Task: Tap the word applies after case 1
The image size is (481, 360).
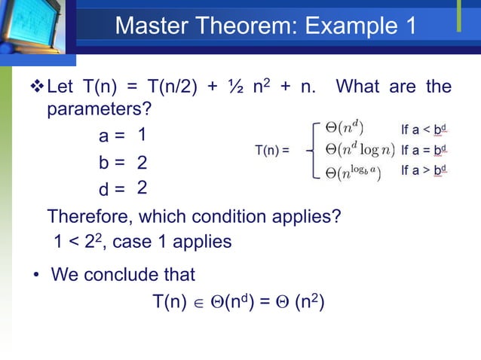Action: (204, 243)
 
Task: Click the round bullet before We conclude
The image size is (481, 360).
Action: (35, 274)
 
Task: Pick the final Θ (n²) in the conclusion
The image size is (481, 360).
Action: (302, 302)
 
